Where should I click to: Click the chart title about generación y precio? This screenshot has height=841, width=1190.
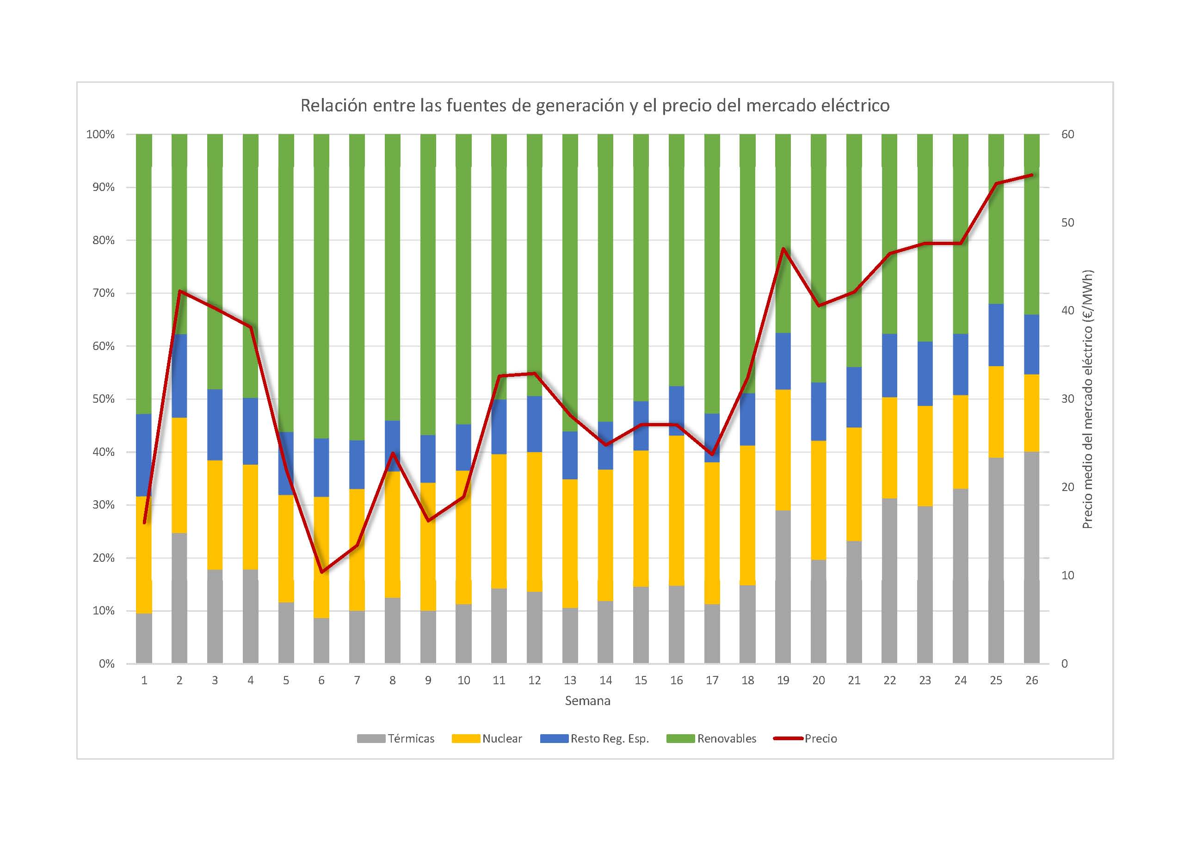594,106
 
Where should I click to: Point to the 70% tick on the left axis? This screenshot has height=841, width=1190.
103,293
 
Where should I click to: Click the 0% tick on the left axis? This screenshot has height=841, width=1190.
106,664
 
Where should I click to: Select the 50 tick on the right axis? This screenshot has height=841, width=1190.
1068,223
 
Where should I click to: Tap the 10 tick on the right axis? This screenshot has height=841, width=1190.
1068,575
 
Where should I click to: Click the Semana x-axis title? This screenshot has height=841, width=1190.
587,701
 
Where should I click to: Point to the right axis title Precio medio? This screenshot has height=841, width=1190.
1087,399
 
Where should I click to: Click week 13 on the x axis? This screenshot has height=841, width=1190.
570,681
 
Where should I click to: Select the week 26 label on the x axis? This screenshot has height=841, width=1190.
1031,681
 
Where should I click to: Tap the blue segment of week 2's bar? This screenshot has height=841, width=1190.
179,376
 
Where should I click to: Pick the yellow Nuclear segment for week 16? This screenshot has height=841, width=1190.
676,510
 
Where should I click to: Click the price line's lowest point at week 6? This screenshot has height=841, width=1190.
321,572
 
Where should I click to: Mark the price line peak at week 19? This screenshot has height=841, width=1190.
783,249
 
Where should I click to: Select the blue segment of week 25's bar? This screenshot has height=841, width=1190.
996,335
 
